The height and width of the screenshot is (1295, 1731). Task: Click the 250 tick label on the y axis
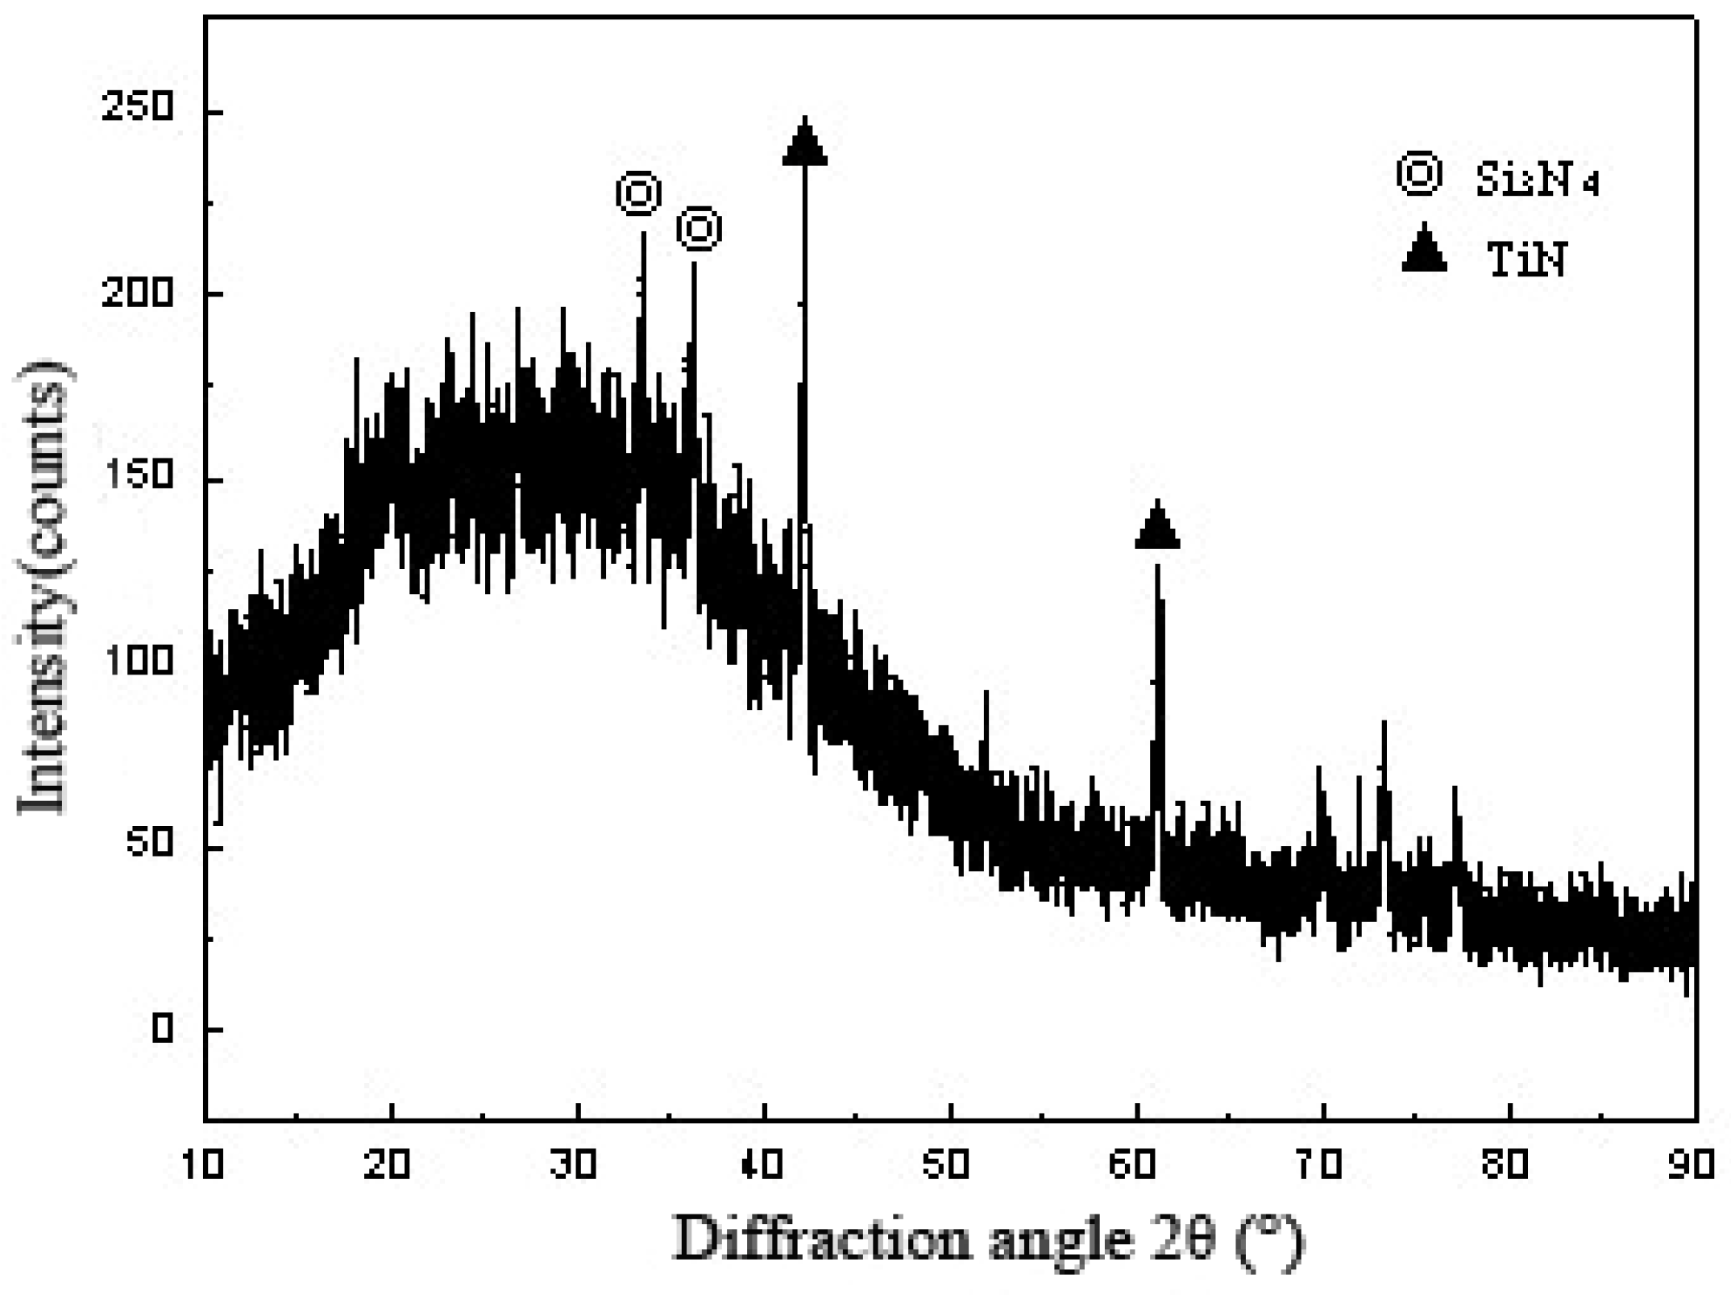click(139, 107)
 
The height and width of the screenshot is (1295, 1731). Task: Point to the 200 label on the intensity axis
click(139, 293)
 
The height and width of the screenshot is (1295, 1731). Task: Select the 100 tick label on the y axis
click(139, 661)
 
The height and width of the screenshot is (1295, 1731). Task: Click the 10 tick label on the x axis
click(204, 1165)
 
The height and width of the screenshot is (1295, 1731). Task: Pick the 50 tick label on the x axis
click(948, 1165)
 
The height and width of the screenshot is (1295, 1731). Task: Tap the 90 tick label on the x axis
click(1691, 1165)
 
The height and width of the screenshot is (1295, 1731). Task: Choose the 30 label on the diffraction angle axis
click(575, 1165)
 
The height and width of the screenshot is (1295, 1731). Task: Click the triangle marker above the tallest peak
click(804, 143)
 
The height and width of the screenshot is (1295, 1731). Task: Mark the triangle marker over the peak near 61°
click(1157, 526)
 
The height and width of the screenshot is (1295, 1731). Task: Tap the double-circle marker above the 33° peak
click(639, 193)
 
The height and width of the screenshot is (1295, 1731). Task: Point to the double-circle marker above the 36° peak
click(699, 230)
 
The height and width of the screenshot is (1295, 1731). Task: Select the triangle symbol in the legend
click(1424, 248)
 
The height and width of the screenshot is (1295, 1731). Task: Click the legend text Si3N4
click(1536, 179)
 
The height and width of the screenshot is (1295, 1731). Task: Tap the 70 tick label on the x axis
click(1319, 1165)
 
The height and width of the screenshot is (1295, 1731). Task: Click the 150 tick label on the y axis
click(139, 475)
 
